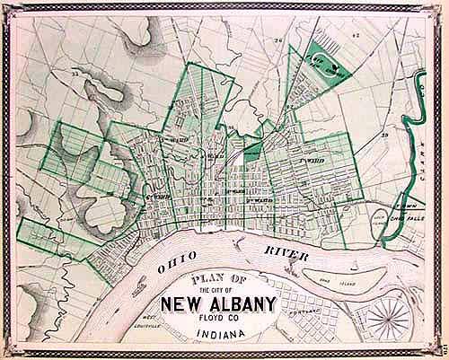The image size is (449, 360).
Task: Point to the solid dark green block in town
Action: click(x=252, y=151)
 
